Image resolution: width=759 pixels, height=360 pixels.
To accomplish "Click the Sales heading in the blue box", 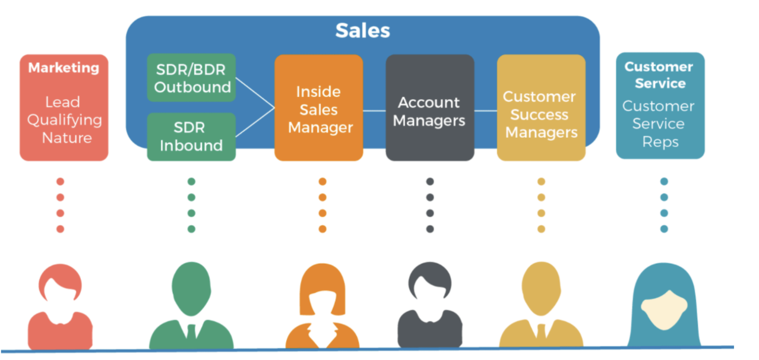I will (362, 30).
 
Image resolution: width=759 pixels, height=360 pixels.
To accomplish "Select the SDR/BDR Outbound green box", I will (191, 78).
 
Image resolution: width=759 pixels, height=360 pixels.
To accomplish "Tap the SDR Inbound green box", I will (191, 137).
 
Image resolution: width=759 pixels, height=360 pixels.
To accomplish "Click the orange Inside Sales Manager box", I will (319, 109).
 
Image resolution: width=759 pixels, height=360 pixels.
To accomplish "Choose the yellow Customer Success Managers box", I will (540, 113).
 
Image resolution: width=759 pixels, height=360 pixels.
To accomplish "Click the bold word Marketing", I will (64, 68).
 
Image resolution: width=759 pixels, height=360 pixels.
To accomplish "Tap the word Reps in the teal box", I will (660, 142).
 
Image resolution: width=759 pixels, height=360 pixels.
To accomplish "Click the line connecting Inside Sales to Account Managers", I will (374, 110).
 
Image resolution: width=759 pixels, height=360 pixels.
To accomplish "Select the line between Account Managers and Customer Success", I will (485, 110).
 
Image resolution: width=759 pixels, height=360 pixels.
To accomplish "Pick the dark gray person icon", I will (430, 309).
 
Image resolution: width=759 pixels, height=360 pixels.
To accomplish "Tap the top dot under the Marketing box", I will (60, 182).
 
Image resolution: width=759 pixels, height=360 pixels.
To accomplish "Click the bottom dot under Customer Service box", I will (664, 229).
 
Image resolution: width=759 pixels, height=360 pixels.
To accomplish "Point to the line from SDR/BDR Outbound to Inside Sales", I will (255, 93).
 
